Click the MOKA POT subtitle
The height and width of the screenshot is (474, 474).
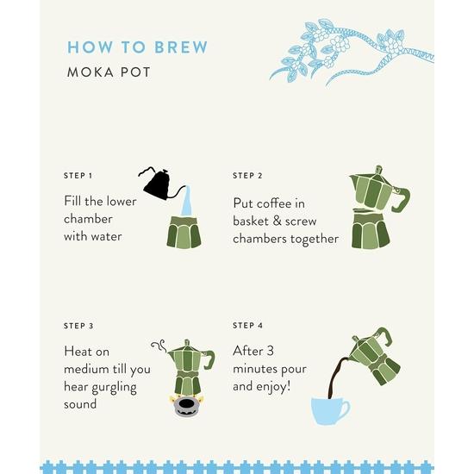(109, 72)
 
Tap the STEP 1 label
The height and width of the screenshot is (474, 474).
(78, 176)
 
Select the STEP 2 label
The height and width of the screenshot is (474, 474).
(247, 176)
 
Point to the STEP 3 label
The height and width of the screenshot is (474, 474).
(78, 326)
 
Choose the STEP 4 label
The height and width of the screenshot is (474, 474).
(247, 326)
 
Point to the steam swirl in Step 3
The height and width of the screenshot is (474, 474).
(158, 346)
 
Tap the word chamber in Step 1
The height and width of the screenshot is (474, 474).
(88, 219)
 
